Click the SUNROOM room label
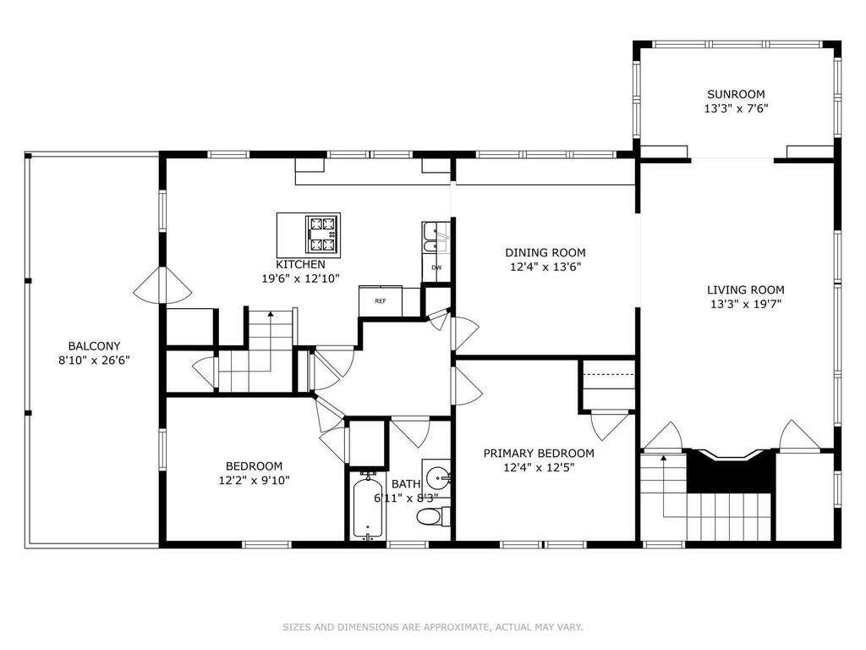coord(736,94)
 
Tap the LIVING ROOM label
coord(746,289)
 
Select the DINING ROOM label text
coord(545,252)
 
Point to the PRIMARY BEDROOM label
coord(539,454)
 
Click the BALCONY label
coord(94,346)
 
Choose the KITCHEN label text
coord(300,264)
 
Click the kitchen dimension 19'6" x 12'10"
coord(300,278)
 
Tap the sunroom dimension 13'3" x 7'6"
coord(736,108)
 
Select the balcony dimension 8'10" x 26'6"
coord(94,361)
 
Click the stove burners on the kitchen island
coord(322,234)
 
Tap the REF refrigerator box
coord(381,300)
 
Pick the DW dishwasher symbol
coord(436,268)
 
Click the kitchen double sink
coord(436,238)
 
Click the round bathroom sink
coord(439,476)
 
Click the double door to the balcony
coord(163,285)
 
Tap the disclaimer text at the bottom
coord(433,627)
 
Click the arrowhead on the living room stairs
coord(663,458)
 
